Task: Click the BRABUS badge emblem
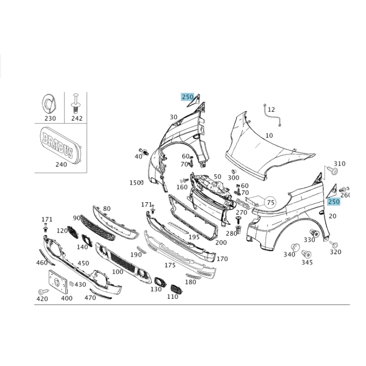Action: [60, 143]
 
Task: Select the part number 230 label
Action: [50, 118]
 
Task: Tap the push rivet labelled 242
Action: [75, 104]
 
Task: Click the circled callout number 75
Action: [270, 202]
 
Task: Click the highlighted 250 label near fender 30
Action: [188, 97]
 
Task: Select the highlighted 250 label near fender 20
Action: [334, 201]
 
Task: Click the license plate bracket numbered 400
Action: [58, 281]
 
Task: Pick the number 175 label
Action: [170, 265]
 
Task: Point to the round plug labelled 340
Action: [295, 247]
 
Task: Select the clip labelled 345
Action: [307, 254]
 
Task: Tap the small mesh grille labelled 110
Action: [177, 289]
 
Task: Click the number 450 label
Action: [83, 263]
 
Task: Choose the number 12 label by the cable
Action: [271, 109]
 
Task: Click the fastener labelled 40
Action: [144, 151]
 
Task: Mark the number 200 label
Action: [221, 242]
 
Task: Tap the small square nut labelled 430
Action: [72, 284]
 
